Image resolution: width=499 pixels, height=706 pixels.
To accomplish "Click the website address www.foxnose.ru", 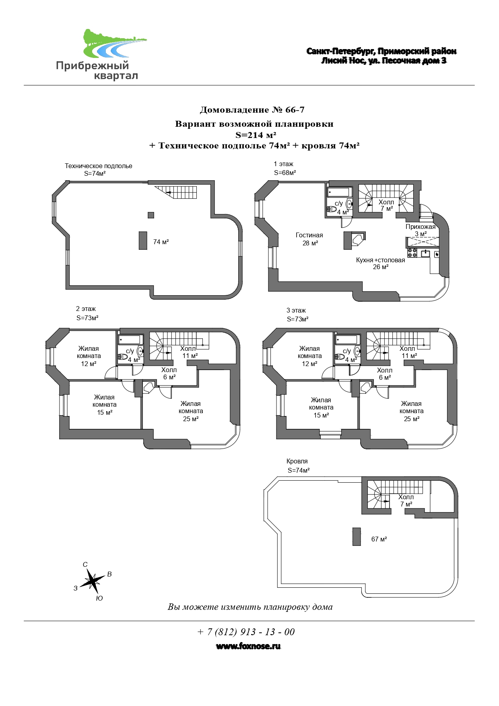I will click(248, 646).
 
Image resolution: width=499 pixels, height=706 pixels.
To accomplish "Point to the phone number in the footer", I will click(246, 632).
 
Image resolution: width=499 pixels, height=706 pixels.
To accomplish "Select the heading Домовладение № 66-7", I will click(252, 110).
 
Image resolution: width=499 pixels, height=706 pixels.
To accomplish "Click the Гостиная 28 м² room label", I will click(309, 239).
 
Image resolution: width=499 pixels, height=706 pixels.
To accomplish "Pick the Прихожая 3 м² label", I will click(421, 230).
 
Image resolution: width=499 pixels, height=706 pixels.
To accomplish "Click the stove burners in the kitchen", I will click(412, 253).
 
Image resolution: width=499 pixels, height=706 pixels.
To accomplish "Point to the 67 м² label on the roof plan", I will click(379, 539).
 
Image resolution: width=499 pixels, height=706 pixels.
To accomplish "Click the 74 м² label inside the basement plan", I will click(161, 242).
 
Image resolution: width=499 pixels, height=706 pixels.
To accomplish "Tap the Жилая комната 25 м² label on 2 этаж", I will click(191, 411).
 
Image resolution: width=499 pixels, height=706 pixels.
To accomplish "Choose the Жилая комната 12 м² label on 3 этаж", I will click(309, 356).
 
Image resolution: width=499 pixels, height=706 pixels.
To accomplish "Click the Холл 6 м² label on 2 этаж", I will click(169, 373).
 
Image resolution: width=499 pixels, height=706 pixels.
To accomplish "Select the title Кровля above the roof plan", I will click(297, 461).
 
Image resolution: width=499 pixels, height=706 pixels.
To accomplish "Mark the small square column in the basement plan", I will click(151, 215).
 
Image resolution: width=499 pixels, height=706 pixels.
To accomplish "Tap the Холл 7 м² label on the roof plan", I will click(406, 500).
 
